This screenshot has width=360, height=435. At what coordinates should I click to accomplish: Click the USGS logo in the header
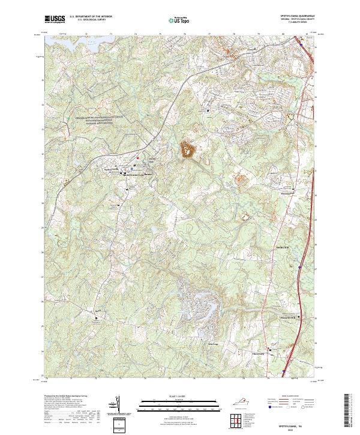(55, 19)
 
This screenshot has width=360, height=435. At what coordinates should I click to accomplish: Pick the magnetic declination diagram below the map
(119, 409)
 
